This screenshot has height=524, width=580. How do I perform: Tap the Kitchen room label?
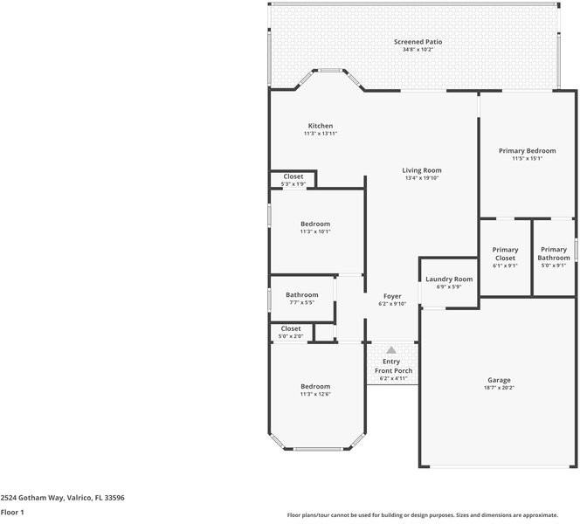point(320,126)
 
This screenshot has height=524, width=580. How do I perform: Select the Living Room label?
point(422,170)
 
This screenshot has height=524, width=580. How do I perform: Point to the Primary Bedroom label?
point(527,151)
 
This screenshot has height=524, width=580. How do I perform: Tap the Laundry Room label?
point(449,279)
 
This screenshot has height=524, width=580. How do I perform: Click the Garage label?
point(499,380)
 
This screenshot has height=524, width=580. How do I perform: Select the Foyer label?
point(392,296)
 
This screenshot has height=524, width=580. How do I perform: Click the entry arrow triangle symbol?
point(391,349)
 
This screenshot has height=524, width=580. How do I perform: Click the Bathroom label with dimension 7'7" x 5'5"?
point(301,295)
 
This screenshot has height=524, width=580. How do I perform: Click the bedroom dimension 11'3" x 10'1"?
point(315,232)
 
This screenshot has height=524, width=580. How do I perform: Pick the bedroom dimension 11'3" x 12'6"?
point(315,394)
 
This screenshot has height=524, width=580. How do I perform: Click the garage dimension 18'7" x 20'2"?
point(499,388)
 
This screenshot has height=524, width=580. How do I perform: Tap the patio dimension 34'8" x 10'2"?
point(418,50)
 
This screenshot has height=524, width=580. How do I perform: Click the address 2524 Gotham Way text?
point(62,497)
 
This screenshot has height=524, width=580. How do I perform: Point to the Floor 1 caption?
point(12,512)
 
